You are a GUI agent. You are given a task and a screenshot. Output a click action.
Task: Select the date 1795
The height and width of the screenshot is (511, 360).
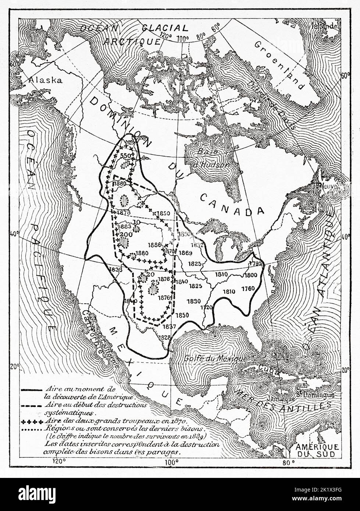tap(254, 263)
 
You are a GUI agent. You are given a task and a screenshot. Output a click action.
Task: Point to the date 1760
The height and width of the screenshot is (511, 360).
tap(248, 289)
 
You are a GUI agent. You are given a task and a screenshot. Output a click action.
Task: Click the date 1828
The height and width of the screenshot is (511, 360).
tap(164, 337)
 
